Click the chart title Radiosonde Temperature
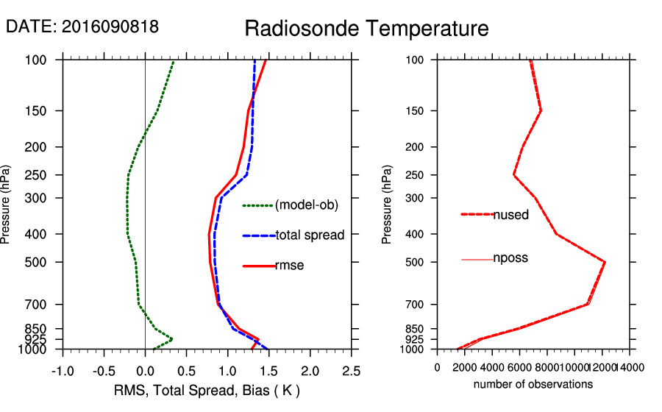366,29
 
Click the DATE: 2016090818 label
82,27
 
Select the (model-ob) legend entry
306,205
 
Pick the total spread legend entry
310,235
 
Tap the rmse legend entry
289,266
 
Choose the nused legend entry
510,215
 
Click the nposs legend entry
510,258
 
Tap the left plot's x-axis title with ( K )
206,390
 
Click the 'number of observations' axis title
533,384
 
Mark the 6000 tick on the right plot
519,367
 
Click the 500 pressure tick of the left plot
41,262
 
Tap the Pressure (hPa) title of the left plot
7,204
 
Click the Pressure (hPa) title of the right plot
387,204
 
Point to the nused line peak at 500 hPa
605,262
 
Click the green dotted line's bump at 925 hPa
171,339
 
